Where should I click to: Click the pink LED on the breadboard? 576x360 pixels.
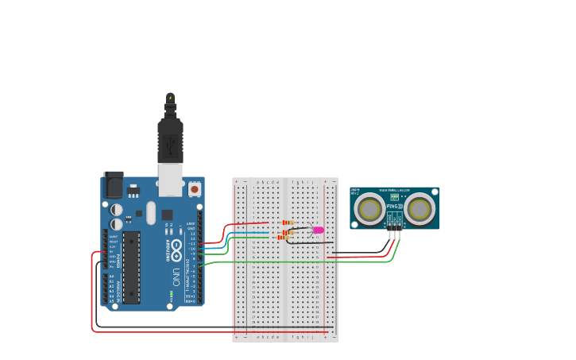[x=319, y=230]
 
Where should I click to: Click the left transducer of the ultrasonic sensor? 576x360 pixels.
[x=369, y=209]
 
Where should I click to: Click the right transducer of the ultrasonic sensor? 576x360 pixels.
[x=419, y=209]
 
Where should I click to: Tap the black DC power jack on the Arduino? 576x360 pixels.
[x=114, y=185]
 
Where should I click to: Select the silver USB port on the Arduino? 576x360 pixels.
[x=170, y=180]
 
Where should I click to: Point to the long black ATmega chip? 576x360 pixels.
[x=131, y=267]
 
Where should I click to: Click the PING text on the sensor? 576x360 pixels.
[x=392, y=207]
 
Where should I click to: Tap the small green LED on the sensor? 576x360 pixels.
[x=395, y=197]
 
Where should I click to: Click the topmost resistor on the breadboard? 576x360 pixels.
[x=288, y=223]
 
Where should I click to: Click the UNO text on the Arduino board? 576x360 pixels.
[x=176, y=277]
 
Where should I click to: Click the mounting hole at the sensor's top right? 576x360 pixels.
[x=434, y=192]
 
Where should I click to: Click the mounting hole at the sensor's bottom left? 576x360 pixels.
[x=355, y=226]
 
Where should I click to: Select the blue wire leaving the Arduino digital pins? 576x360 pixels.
[x=213, y=249]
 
